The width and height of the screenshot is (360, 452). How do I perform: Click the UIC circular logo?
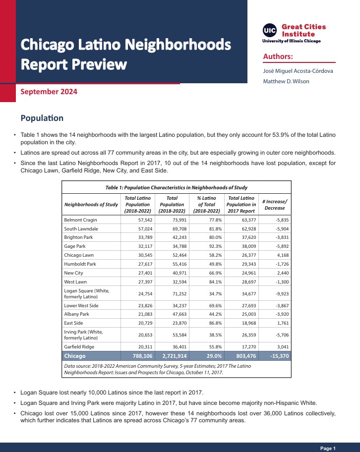(270, 30)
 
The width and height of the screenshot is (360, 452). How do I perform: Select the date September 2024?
(49, 92)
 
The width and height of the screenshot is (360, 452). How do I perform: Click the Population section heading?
(42, 118)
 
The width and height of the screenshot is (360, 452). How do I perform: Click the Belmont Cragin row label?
(81, 220)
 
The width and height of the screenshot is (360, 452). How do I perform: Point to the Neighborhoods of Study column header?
(91, 204)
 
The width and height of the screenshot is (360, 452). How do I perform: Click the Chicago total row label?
(75, 356)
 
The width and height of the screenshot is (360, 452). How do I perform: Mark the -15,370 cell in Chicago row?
(275, 356)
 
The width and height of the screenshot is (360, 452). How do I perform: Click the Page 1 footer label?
(328, 448)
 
